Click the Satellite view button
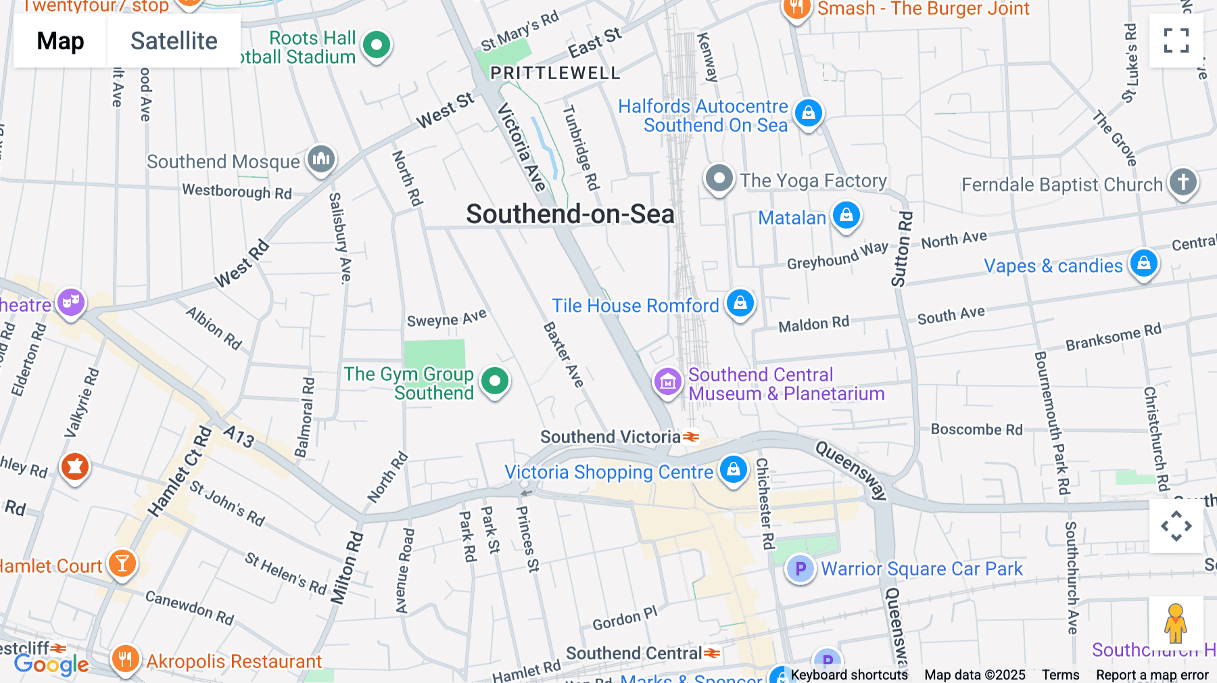coord(174,41)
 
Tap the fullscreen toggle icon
coord(1176,41)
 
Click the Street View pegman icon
coord(1176,623)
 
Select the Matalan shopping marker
coord(846,216)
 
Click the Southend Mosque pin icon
coord(321,160)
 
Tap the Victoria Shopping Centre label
coord(608,472)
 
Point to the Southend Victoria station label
coord(611,437)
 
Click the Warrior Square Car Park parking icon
coord(800,569)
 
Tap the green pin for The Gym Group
coord(495,381)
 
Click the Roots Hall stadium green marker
coord(377,45)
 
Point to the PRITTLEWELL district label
coord(555,73)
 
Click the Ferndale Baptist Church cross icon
coord(1183,182)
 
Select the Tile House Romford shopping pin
coord(740,303)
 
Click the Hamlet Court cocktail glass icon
coord(122,563)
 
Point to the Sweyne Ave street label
coord(446,319)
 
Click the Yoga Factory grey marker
coord(719,179)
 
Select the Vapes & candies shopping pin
coord(1143,263)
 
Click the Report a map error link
coord(1152,675)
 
